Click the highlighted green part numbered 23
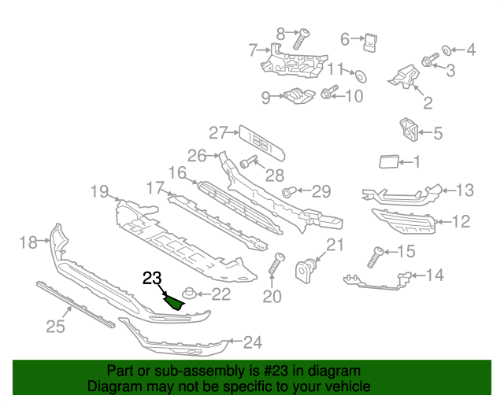[x=177, y=301]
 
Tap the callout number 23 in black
[x=151, y=278]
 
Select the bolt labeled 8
[x=301, y=39]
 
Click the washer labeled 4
[x=447, y=50]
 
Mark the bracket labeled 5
[x=407, y=131]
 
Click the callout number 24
[x=252, y=342]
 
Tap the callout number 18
[x=28, y=243]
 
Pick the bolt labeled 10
[x=329, y=94]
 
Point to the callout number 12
[x=461, y=223]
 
